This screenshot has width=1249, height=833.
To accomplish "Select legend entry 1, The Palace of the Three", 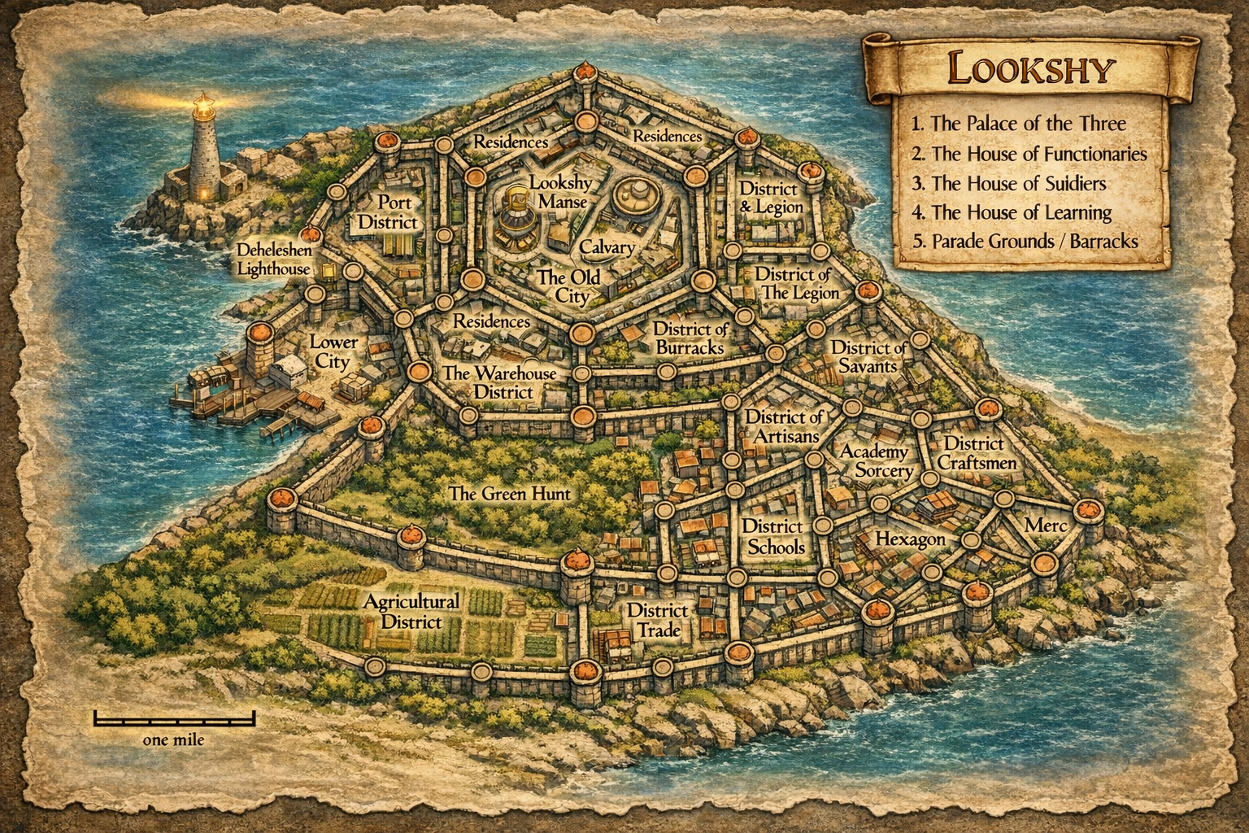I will (x=1018, y=124).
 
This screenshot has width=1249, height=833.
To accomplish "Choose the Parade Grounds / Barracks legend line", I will (x=1025, y=241).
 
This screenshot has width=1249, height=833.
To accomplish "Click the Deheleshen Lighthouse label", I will (x=273, y=259).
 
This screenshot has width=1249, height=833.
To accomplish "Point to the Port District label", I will (x=387, y=212).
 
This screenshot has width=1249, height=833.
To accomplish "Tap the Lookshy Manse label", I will (x=561, y=192).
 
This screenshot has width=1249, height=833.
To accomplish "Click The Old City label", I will (x=569, y=286).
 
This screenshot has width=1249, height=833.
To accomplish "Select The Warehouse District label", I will (x=499, y=382).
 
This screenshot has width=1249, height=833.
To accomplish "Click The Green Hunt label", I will (x=510, y=493).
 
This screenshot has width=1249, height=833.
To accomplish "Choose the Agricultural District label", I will (x=411, y=611).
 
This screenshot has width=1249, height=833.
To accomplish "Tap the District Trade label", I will (x=658, y=620).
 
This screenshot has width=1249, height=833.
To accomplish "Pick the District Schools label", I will (x=772, y=537).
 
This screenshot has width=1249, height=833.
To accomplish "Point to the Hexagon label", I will (x=910, y=539).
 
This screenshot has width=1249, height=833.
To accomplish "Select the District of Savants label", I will (x=868, y=357).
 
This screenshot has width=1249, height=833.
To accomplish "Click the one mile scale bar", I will (x=174, y=719).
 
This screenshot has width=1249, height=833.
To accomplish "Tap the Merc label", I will (x=1045, y=526).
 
